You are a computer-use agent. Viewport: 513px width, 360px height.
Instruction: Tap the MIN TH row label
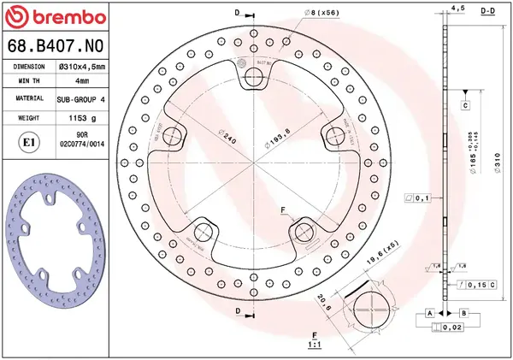tap(28, 81)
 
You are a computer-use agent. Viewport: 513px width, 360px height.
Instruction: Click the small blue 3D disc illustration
tap(56, 248)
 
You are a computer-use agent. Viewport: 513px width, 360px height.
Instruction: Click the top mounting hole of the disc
tap(254, 79)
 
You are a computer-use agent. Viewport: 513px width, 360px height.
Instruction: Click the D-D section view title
tap(489, 10)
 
